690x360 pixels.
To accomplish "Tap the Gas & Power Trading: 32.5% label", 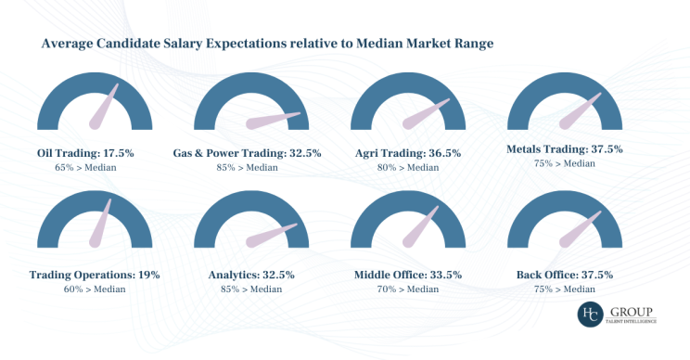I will point(248,151).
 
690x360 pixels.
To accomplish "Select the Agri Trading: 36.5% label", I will point(410,151).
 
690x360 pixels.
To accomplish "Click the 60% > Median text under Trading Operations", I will point(95,289).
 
